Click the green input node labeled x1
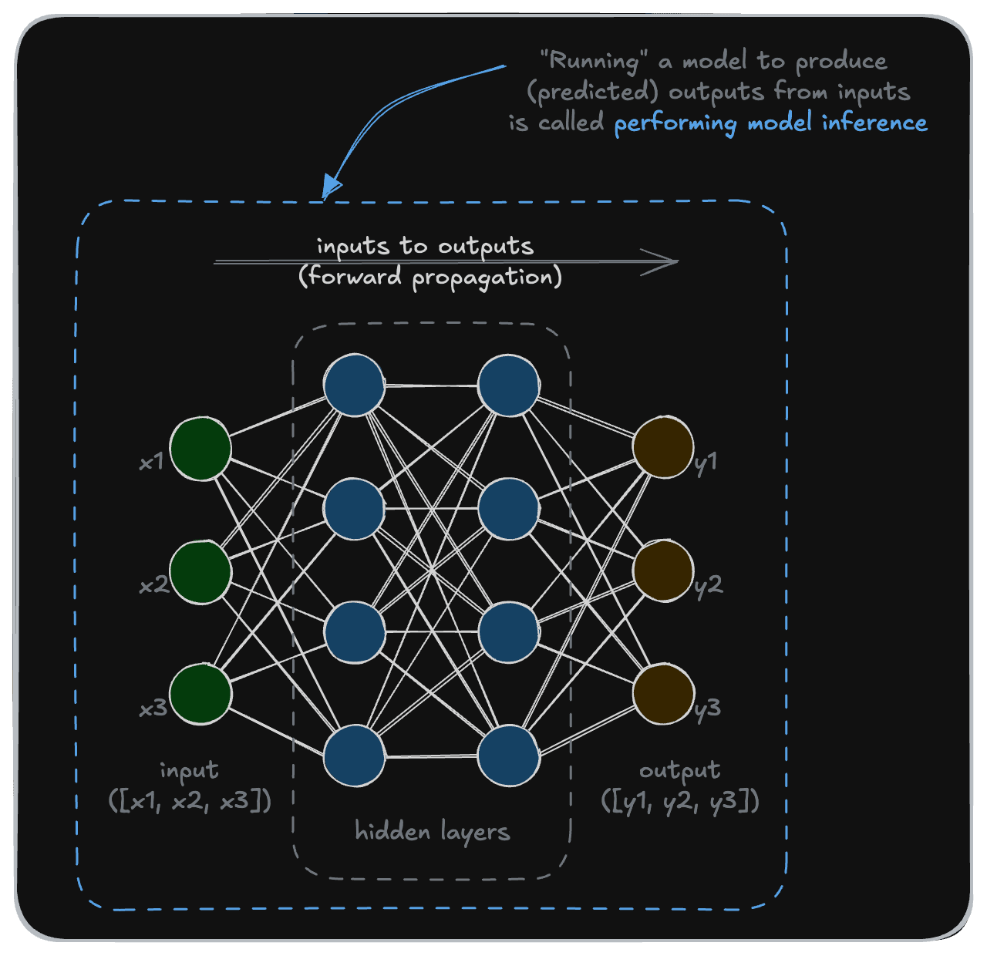click(200, 448)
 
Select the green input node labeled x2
click(200, 571)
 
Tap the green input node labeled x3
click(200, 694)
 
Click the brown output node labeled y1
click(663, 448)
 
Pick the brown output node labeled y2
click(663, 571)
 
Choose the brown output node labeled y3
click(663, 694)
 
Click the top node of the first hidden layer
click(354, 385)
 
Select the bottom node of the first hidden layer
click(354, 756)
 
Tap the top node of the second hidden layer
click(508, 385)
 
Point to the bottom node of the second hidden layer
click(508, 756)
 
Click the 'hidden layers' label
click(432, 832)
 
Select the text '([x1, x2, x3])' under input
click(190, 801)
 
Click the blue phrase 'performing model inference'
click(770, 123)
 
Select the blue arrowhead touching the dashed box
click(332, 187)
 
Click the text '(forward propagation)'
click(430, 277)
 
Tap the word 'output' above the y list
click(679, 770)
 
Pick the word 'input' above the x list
click(189, 770)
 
